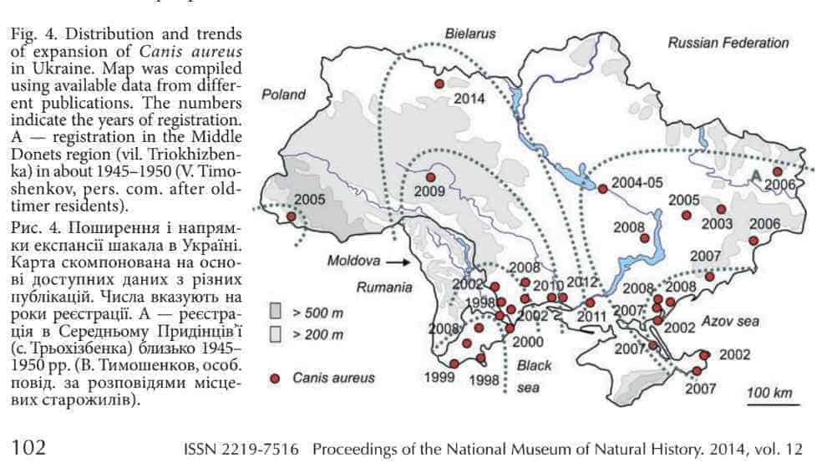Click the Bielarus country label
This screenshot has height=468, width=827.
point(470,34)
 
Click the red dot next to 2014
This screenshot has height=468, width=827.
point(439,84)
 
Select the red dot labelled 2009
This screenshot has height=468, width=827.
point(431,177)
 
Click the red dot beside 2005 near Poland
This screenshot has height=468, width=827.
point(291,216)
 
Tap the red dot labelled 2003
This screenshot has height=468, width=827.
point(721,209)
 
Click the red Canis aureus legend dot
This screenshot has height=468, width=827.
point(274,378)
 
